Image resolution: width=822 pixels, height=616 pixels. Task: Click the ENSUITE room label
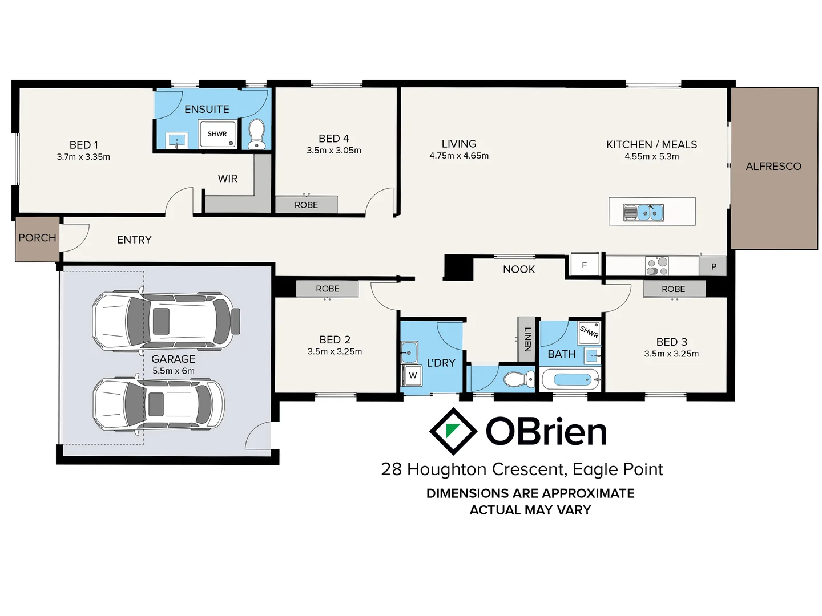207,109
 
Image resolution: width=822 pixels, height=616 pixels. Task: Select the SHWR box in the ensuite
217,134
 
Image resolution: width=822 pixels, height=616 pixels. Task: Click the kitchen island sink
644,212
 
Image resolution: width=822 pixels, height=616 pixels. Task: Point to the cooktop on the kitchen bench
656,266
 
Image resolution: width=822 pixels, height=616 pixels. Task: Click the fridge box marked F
584,265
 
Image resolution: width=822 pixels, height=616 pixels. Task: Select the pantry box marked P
713,266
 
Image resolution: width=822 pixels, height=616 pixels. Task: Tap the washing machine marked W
413,375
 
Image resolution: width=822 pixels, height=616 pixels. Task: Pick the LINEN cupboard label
527,339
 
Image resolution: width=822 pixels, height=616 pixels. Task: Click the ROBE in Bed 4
306,205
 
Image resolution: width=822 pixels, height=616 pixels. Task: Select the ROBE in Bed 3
674,289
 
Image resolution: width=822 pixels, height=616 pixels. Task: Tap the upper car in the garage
166,321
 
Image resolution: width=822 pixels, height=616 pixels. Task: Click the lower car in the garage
159,404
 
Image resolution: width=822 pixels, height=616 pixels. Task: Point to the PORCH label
37,238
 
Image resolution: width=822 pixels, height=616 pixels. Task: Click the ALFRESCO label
773,167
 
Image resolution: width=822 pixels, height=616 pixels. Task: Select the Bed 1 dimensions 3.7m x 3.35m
83,157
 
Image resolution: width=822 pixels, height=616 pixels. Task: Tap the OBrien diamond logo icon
453,431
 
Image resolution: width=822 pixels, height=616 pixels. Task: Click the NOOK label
519,269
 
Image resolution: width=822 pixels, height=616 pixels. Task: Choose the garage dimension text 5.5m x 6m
174,371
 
